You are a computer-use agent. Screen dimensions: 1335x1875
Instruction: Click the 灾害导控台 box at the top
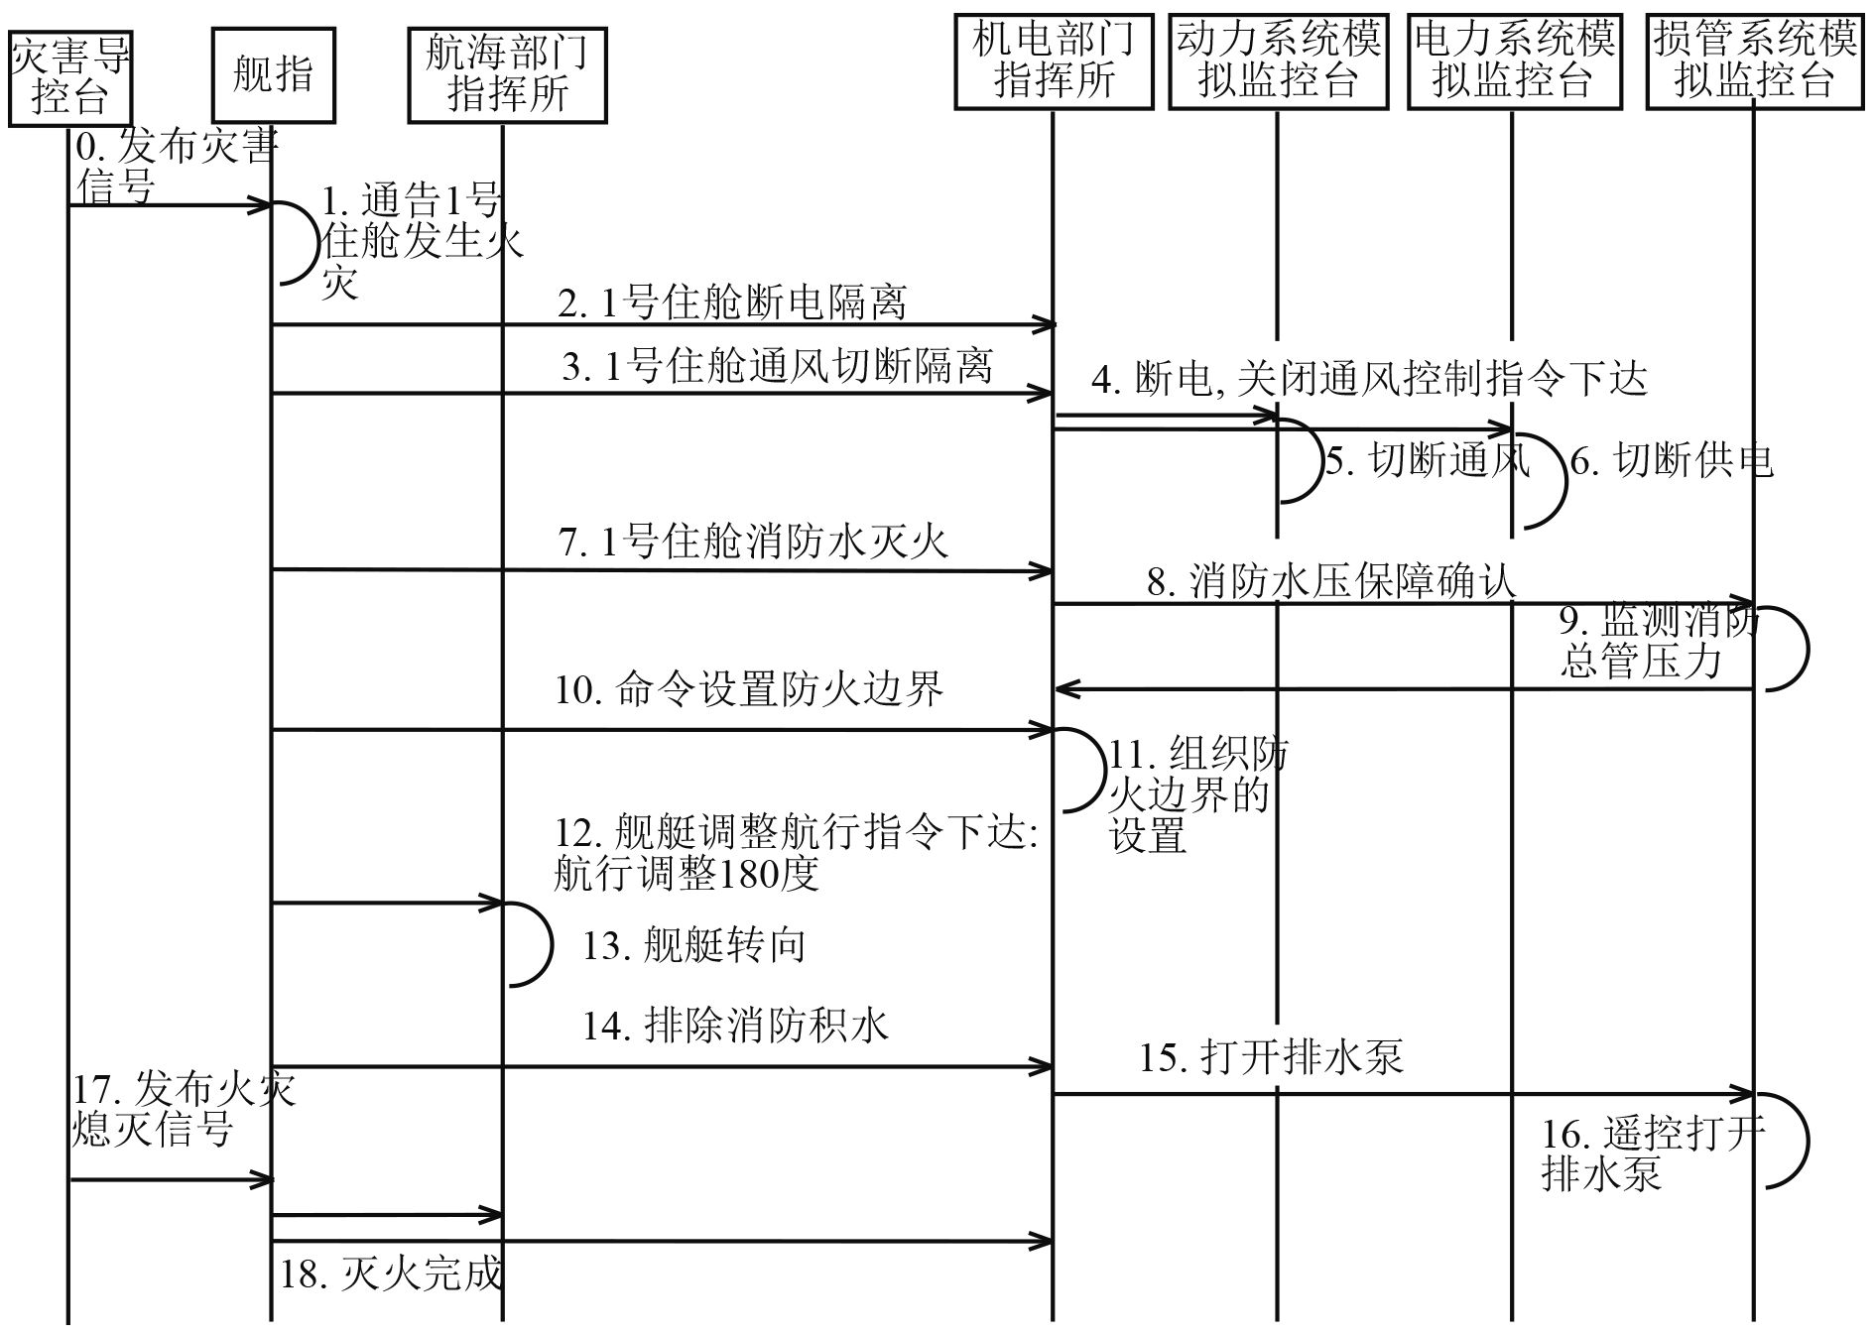point(69,77)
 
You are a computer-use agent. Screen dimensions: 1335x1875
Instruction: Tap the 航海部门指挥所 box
point(507,74)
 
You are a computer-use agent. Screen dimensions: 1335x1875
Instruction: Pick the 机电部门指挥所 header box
point(1054,61)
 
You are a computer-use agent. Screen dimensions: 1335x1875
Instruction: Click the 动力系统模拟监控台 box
point(1278,61)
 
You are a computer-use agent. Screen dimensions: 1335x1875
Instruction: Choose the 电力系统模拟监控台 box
point(1514,61)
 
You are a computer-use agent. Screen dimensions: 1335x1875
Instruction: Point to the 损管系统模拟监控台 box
point(1754,61)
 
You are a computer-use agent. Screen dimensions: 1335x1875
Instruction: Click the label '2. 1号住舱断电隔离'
point(732,303)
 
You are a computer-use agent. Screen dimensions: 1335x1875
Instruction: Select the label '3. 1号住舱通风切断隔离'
point(777,366)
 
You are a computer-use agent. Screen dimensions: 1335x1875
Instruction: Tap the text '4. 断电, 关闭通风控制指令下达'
point(1369,379)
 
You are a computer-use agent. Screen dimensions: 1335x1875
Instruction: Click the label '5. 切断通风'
point(1428,460)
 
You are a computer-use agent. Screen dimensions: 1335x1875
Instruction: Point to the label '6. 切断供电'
point(1671,460)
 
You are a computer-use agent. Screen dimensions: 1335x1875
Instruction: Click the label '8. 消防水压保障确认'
point(1331,581)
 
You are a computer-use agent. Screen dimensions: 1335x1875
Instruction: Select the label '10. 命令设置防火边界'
point(749,688)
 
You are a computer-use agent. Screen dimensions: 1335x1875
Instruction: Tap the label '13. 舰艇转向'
point(693,945)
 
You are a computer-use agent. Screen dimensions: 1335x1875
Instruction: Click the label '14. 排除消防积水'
point(735,1025)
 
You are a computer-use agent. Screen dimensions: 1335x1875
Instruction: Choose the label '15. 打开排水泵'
point(1271,1057)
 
